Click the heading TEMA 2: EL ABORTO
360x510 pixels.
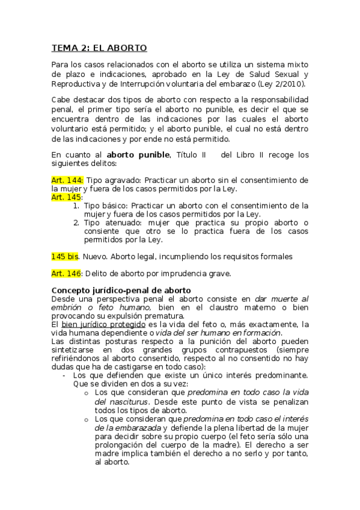point(99,48)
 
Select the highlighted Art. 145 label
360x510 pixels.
point(66,197)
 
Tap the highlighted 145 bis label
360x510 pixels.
point(65,257)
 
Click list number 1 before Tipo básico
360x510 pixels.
point(76,206)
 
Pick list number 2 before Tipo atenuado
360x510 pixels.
point(76,223)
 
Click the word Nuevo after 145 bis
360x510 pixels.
point(96,257)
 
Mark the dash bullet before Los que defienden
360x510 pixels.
point(64,375)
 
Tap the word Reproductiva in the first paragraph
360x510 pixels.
point(76,83)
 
